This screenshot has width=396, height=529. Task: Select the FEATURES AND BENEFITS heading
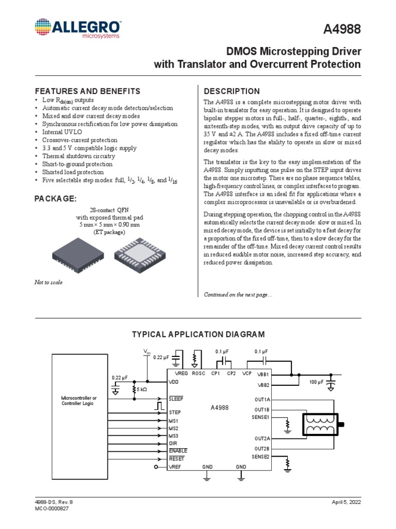point(87,91)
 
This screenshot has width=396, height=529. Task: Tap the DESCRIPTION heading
point(232,91)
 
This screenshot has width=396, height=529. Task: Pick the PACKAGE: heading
point(55,199)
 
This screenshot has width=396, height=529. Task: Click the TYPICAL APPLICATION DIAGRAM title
point(198,334)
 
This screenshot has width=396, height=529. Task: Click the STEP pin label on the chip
point(174,413)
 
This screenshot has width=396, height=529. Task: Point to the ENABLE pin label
point(178,451)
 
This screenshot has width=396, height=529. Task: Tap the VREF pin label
point(175,466)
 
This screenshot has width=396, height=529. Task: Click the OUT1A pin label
point(261,399)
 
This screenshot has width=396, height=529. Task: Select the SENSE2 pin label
point(260,457)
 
